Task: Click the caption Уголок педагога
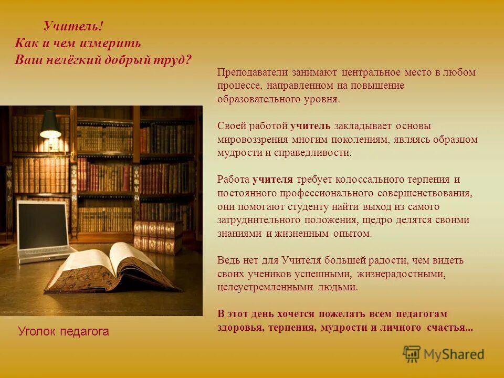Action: [x=64, y=331]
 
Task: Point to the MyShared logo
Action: [x=444, y=354]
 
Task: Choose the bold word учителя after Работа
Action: [x=272, y=180]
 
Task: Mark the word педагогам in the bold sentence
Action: [x=423, y=314]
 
